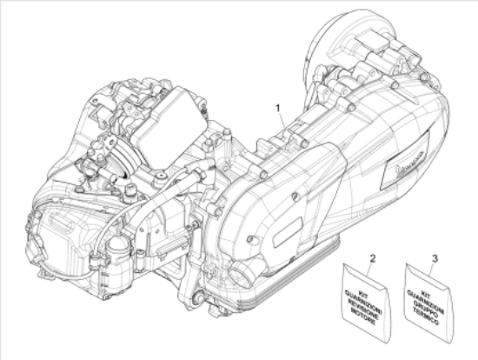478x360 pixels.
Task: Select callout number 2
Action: (372, 258)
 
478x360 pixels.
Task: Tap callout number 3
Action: (434, 258)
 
